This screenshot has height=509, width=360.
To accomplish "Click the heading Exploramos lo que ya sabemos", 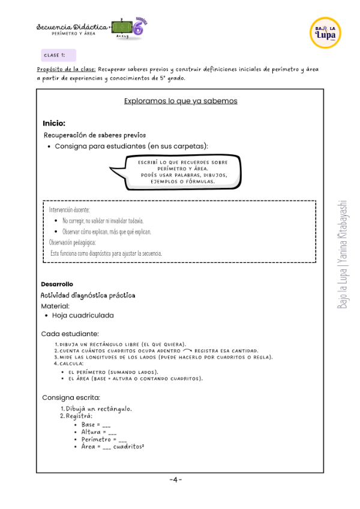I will (181, 101).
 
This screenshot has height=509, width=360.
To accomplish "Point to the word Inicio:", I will (53, 123).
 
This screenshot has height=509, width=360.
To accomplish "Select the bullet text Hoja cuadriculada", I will (82, 315).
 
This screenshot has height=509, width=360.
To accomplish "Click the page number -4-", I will (175, 479).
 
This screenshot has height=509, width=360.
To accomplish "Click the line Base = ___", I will (95, 424).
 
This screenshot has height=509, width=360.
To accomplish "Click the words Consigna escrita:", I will (71, 397).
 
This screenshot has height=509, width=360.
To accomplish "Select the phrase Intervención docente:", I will (69, 209).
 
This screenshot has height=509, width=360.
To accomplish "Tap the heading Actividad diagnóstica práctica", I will (88, 295).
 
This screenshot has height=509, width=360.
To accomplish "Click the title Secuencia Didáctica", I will (72, 27).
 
